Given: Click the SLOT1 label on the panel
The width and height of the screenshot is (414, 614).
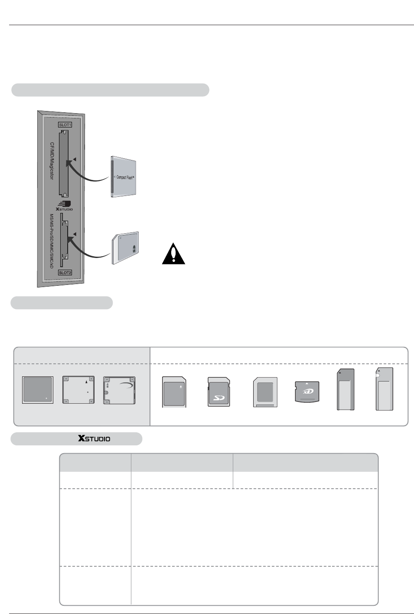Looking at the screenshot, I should [65, 125].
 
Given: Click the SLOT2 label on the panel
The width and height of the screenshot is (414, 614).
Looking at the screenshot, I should [65, 273].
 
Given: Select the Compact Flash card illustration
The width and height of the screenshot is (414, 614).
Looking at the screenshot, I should [124, 177].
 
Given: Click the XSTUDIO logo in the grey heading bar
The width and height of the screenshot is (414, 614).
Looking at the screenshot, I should [94, 439].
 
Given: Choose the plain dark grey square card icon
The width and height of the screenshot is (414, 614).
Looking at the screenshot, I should [38, 391].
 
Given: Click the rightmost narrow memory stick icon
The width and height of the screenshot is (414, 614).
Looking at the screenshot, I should [385, 389].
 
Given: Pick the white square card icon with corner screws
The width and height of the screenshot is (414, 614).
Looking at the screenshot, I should [78, 391].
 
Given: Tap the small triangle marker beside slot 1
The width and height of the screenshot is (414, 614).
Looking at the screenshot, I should [75, 160].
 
